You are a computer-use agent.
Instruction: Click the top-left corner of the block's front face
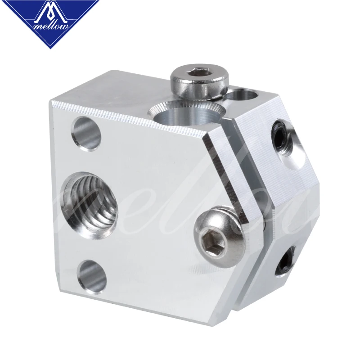coord(51,102)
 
